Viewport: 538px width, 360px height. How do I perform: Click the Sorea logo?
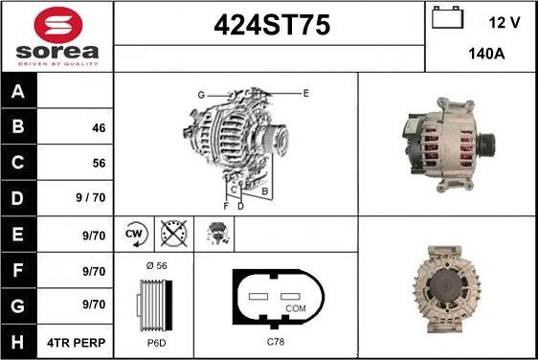pyautogui.click(x=56, y=35)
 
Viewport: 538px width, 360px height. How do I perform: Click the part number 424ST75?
pyautogui.click(x=270, y=27)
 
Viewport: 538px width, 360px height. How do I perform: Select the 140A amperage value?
pyautogui.click(x=486, y=55)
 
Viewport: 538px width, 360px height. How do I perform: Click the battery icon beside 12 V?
pyautogui.click(x=448, y=19)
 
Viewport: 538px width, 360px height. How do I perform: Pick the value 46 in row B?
pyautogui.click(x=99, y=127)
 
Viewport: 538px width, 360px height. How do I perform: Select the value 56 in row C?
pyautogui.click(x=99, y=163)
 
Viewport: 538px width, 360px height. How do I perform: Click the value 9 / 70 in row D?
pyautogui.click(x=91, y=198)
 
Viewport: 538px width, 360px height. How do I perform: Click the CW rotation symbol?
pyautogui.click(x=135, y=234)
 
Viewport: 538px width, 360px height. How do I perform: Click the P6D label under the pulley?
pyautogui.click(x=155, y=342)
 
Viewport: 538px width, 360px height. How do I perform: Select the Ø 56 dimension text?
pyautogui.click(x=155, y=266)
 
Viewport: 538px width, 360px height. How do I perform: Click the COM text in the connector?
pyautogui.click(x=297, y=308)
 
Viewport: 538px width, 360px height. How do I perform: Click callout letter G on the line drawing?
pyautogui.click(x=201, y=94)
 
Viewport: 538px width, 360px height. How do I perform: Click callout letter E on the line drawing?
pyautogui.click(x=305, y=93)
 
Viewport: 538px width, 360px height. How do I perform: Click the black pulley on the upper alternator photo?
pyautogui.click(x=486, y=145)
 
